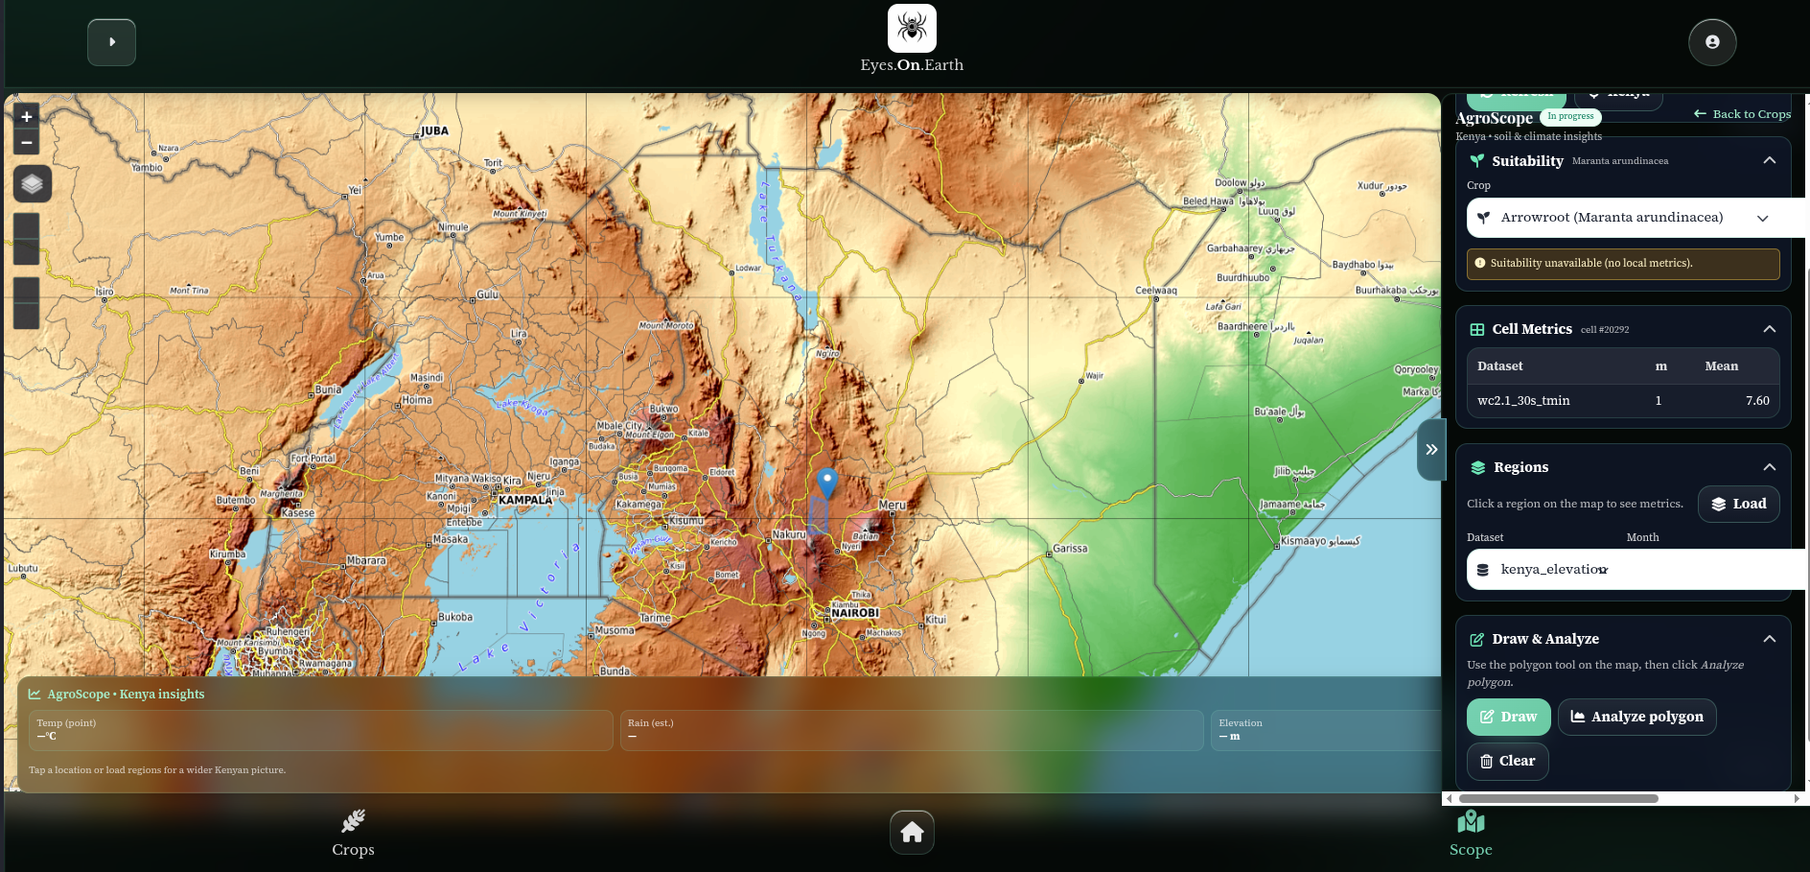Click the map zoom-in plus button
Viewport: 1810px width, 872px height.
(27, 117)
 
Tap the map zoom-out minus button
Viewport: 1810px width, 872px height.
(27, 142)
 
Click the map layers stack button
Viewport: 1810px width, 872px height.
(32, 184)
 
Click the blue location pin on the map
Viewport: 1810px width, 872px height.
(826, 482)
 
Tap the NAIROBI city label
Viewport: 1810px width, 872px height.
(854, 613)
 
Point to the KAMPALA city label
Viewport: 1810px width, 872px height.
(525, 500)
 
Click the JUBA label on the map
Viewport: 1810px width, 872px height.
(434, 131)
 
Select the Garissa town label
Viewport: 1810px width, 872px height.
(1070, 549)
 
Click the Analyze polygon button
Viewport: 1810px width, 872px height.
(1636, 717)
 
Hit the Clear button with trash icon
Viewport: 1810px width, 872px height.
(1507, 761)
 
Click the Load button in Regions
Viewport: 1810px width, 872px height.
(1738, 504)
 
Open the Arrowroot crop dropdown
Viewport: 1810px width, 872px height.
(1630, 218)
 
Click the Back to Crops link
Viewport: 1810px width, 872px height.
(1742, 114)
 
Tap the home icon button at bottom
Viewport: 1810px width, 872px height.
(912, 832)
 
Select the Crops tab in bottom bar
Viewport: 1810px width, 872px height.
(353, 833)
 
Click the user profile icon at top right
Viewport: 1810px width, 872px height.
(1711, 42)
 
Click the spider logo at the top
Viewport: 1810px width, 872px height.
(912, 28)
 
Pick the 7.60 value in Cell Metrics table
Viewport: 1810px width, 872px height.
(1756, 401)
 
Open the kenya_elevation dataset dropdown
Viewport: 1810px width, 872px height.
(1630, 570)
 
